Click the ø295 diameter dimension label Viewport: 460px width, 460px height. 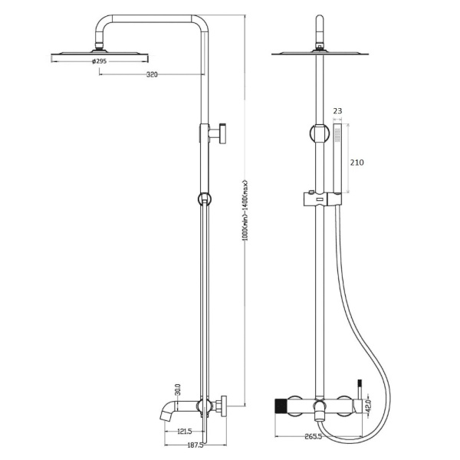(99, 61)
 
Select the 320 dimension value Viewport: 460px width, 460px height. (152, 74)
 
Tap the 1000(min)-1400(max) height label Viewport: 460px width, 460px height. (245, 210)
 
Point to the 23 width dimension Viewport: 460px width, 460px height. (337, 111)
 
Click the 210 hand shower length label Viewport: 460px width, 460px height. (356, 163)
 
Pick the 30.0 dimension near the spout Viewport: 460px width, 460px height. (178, 389)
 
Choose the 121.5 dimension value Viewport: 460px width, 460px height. (185, 431)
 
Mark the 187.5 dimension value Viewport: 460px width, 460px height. (195, 445)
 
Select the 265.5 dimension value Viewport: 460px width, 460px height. (313, 436)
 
